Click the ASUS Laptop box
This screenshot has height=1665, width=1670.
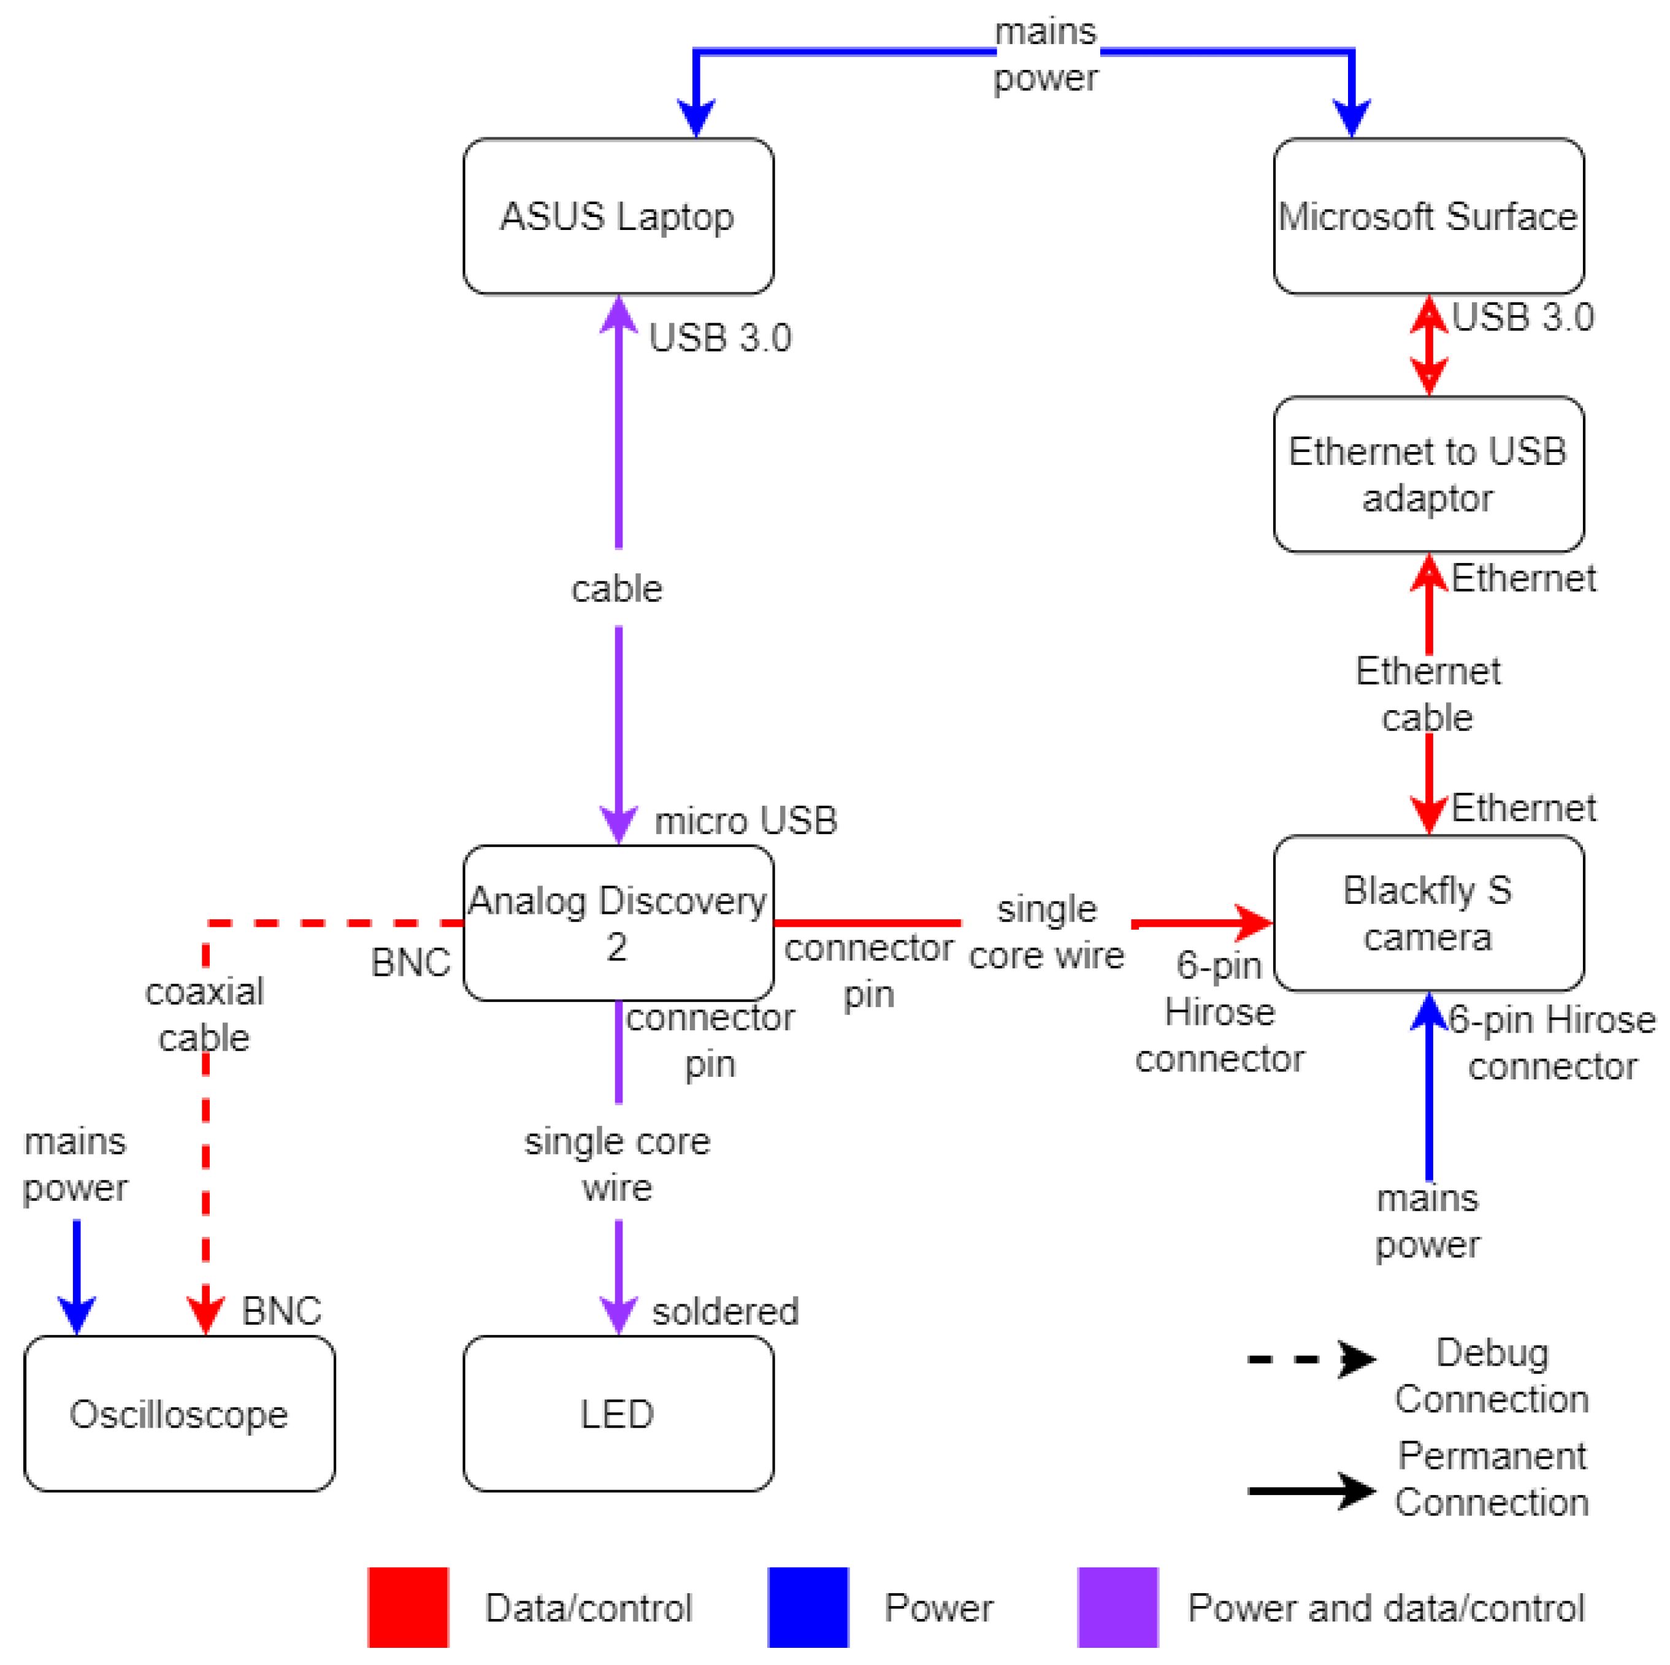618,216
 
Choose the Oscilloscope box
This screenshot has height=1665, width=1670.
179,1414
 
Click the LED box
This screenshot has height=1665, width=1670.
618,1414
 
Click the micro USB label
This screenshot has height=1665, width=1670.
745,821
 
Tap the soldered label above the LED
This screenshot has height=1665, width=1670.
724,1311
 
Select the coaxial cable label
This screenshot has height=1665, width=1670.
204,1014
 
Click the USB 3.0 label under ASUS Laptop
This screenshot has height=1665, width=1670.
719,337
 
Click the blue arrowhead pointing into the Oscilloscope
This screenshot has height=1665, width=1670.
77,1315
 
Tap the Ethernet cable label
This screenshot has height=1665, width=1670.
1428,694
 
